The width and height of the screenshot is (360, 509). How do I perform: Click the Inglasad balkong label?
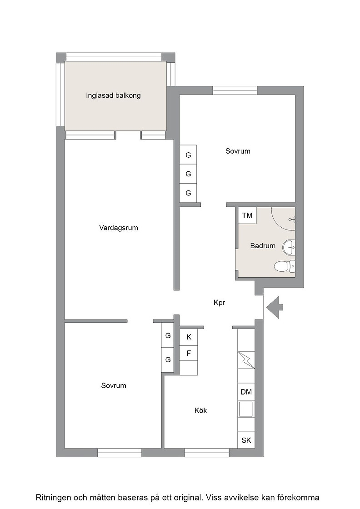coord(113,95)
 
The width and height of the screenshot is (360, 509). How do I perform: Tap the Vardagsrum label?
coord(119,228)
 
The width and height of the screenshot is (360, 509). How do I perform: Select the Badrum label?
coord(263,246)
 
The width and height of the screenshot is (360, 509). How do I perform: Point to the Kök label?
coord(200,410)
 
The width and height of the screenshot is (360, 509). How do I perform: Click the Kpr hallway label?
coord(219,303)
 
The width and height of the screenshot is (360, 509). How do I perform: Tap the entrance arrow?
coord(275,307)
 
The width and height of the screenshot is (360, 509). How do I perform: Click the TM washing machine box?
coord(247,215)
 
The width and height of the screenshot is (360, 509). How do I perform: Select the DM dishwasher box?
coord(246,392)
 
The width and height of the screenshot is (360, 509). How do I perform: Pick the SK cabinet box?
coord(246,440)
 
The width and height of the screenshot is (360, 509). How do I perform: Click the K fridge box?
coord(189,337)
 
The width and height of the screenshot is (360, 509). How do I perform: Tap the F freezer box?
coord(189,353)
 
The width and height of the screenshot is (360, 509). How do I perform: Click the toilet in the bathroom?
coord(285,266)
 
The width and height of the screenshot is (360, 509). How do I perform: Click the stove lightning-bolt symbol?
coord(246,360)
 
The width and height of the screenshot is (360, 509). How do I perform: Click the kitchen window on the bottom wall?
coord(207,453)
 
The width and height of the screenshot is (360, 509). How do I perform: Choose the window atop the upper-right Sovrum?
coord(235,90)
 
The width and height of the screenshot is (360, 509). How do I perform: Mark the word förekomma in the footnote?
coord(301,497)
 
